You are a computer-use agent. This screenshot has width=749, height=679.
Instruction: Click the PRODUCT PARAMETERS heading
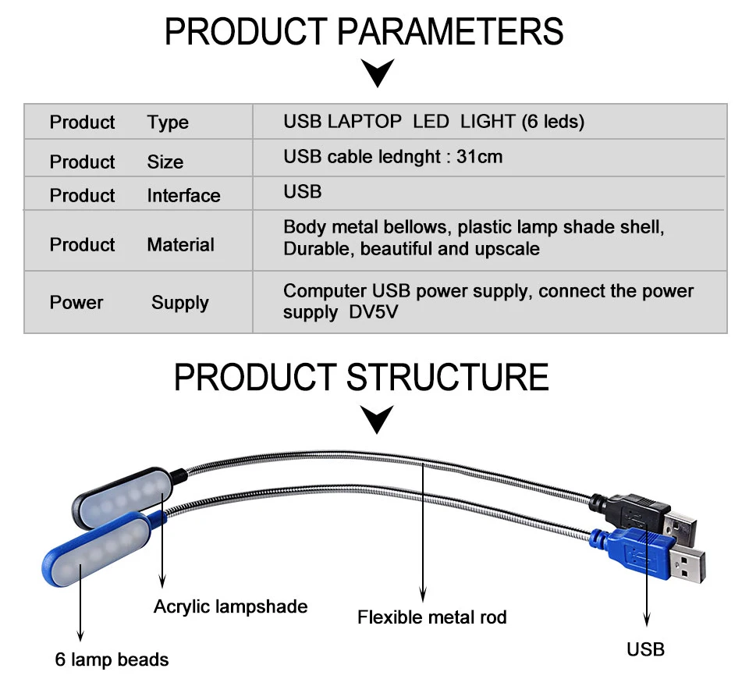click(x=364, y=32)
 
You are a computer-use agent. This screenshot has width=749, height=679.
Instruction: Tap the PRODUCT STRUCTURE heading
click(x=361, y=377)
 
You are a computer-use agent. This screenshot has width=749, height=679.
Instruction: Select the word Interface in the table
click(x=183, y=196)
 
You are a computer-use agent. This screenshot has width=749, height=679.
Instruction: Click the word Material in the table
click(x=180, y=245)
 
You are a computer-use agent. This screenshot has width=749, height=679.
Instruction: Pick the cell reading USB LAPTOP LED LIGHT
click(x=434, y=122)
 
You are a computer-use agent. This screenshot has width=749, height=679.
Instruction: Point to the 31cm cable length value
click(x=480, y=157)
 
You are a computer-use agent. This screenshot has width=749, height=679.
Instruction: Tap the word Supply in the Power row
click(x=180, y=303)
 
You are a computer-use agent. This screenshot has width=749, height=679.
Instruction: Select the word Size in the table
click(x=165, y=162)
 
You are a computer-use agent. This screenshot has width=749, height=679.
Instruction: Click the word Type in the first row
click(x=168, y=123)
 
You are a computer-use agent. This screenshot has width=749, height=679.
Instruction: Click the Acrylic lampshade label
click(x=230, y=606)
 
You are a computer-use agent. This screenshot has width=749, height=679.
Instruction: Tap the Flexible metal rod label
click(x=431, y=617)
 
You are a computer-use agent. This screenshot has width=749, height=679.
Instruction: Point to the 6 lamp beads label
click(x=112, y=659)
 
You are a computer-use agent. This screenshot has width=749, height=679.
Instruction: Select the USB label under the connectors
click(x=646, y=649)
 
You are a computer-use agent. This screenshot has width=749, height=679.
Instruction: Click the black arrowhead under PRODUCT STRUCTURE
click(x=379, y=419)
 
